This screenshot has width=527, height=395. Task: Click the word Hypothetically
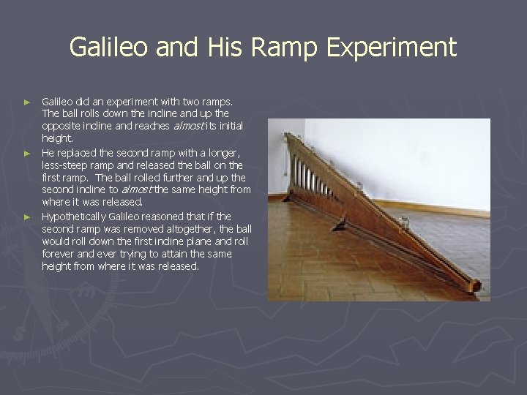(74, 217)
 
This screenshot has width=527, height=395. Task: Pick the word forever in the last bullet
(60, 255)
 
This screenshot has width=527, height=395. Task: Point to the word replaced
(77, 152)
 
